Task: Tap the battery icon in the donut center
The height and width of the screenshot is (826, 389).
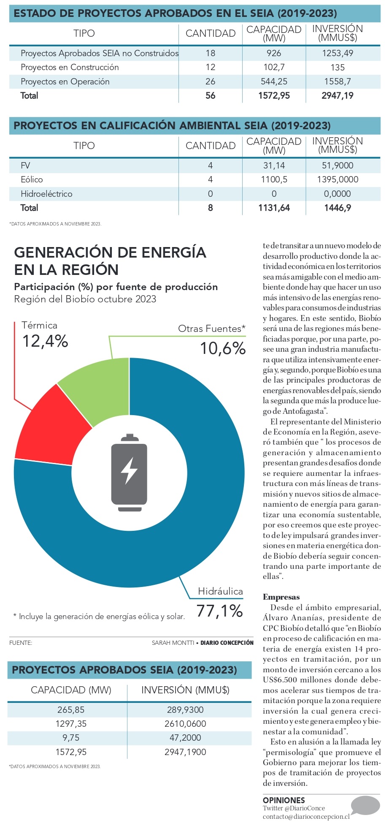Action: click(x=129, y=473)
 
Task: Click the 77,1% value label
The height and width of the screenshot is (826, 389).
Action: click(x=219, y=611)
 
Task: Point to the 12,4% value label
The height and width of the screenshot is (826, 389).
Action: click(x=45, y=341)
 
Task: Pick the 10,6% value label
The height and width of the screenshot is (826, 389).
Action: click(x=223, y=348)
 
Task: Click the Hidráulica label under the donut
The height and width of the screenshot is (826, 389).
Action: click(x=220, y=591)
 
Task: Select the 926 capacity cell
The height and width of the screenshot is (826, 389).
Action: click(x=274, y=53)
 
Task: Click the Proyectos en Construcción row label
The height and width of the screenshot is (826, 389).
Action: click(x=70, y=68)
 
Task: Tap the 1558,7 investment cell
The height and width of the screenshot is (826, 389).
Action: click(x=337, y=82)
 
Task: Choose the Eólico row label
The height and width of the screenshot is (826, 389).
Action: click(x=32, y=180)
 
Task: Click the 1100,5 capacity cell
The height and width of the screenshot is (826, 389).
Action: click(x=274, y=180)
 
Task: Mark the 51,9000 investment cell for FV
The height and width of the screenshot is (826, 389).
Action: click(x=337, y=166)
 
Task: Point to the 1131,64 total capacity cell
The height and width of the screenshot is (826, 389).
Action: click(x=274, y=208)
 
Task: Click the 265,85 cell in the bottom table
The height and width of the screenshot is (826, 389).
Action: click(x=71, y=710)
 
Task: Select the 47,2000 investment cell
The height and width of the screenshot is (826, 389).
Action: click(x=185, y=738)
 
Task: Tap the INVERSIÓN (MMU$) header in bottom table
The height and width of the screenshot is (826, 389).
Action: click(x=185, y=690)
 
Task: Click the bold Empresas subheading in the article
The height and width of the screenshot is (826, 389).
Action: click(x=281, y=597)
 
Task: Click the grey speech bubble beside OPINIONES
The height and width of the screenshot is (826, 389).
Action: click(x=365, y=805)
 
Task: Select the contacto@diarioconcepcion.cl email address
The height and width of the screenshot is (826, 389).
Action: click(x=306, y=817)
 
